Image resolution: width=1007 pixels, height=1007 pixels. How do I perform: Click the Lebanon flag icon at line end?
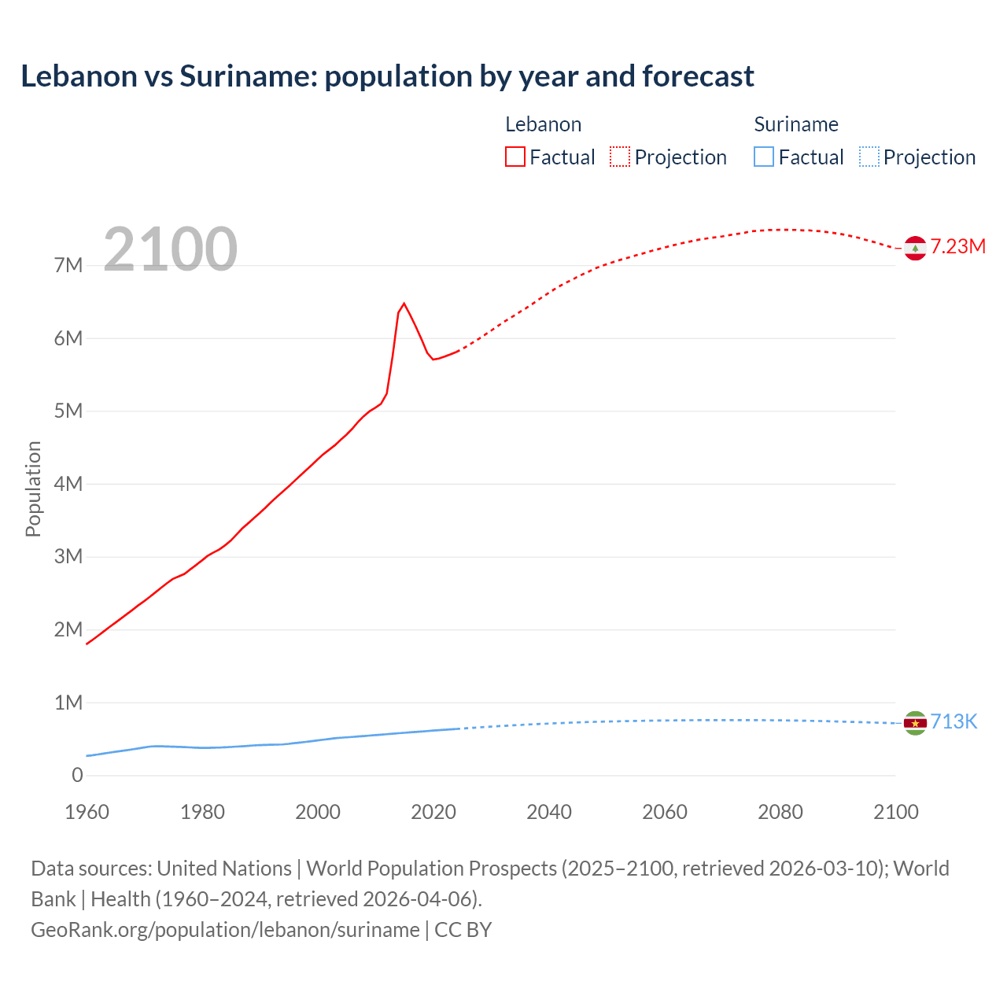click(914, 248)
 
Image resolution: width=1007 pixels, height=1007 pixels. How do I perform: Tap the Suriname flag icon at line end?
click(914, 723)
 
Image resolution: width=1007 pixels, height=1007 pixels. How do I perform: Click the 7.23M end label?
click(958, 247)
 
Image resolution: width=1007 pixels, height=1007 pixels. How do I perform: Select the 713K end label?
click(954, 722)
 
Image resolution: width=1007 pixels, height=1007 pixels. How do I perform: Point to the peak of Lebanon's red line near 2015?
click(404, 304)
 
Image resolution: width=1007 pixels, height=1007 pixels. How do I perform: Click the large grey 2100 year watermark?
click(170, 249)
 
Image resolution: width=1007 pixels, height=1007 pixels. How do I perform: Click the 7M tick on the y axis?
click(68, 265)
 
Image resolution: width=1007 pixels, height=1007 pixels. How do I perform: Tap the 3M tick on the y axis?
click(68, 557)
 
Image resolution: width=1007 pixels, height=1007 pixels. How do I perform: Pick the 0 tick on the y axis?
click(77, 776)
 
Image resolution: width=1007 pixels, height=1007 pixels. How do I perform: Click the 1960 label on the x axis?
click(87, 813)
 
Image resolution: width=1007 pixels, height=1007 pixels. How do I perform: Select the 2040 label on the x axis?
click(549, 813)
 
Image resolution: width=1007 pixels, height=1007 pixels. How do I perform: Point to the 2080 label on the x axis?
click(780, 813)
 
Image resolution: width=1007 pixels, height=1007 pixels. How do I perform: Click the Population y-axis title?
click(33, 489)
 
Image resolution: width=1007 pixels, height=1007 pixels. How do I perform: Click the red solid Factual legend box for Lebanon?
click(515, 157)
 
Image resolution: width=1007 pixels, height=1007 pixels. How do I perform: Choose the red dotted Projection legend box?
click(620, 157)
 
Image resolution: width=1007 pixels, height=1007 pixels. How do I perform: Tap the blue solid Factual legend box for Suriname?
click(764, 157)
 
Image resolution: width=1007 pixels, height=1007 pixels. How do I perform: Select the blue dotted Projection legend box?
click(869, 157)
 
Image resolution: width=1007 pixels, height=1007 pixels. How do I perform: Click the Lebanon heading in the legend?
click(543, 124)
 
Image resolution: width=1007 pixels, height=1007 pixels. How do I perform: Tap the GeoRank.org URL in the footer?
click(225, 930)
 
